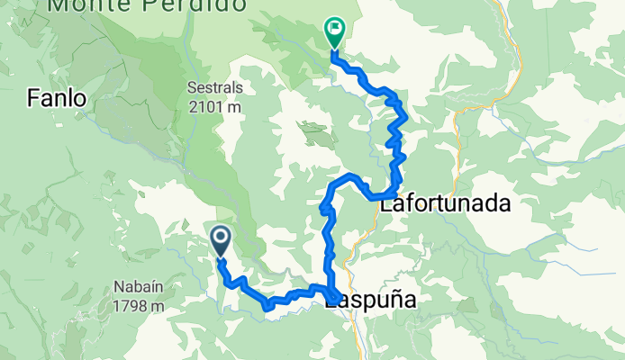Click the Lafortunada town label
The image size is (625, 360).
[445, 204]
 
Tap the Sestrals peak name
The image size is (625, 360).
[216, 90]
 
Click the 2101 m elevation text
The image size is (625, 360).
[216, 107]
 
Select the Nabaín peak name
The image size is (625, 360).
[138, 288]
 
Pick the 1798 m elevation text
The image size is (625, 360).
[139, 305]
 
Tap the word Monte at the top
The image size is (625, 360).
[88, 5]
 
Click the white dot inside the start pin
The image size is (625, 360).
[220, 238]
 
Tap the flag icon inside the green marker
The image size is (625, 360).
[335, 29]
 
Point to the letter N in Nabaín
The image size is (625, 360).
[118, 288]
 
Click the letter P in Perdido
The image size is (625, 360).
[149, 5]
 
